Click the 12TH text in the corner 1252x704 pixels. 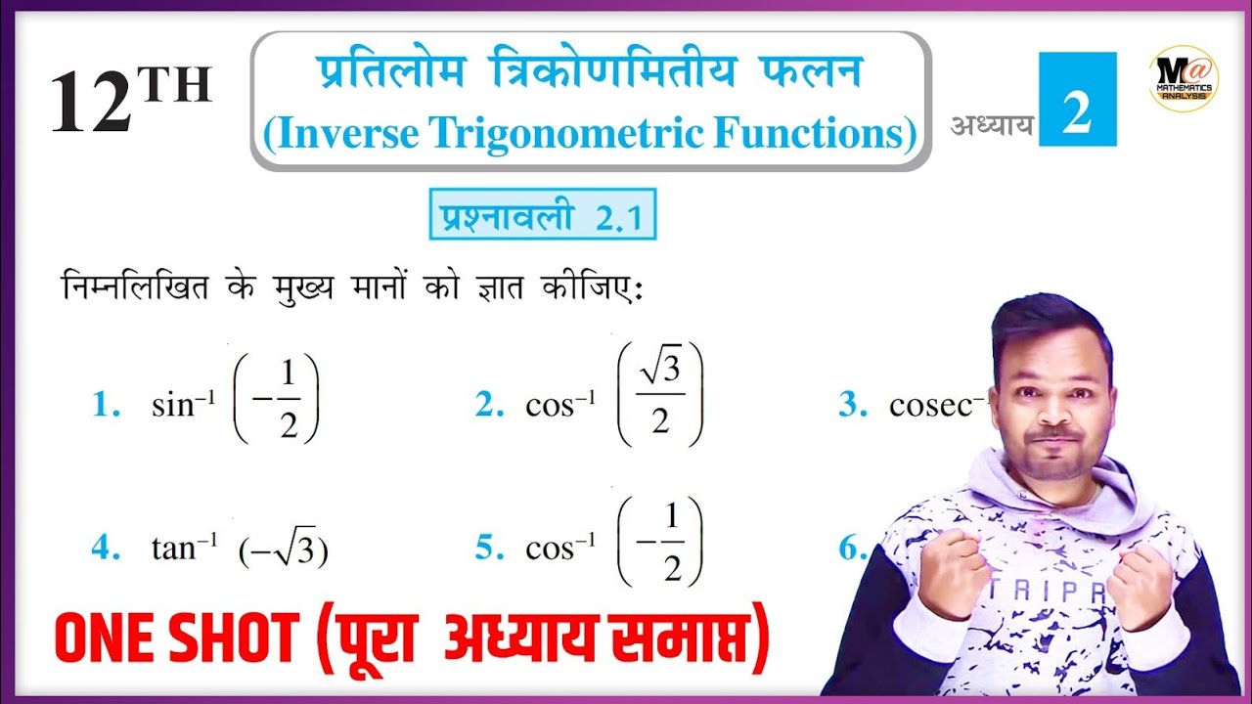tap(130, 102)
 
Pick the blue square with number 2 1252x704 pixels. tap(1077, 100)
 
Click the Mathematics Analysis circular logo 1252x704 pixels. tap(1183, 78)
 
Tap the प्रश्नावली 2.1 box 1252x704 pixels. tap(542, 215)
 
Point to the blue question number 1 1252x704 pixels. tap(104, 406)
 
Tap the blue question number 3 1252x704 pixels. tap(852, 406)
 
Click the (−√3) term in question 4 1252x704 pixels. tap(284, 551)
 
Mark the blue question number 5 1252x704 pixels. tap(488, 549)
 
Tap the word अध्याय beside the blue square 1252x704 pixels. tap(992, 126)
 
